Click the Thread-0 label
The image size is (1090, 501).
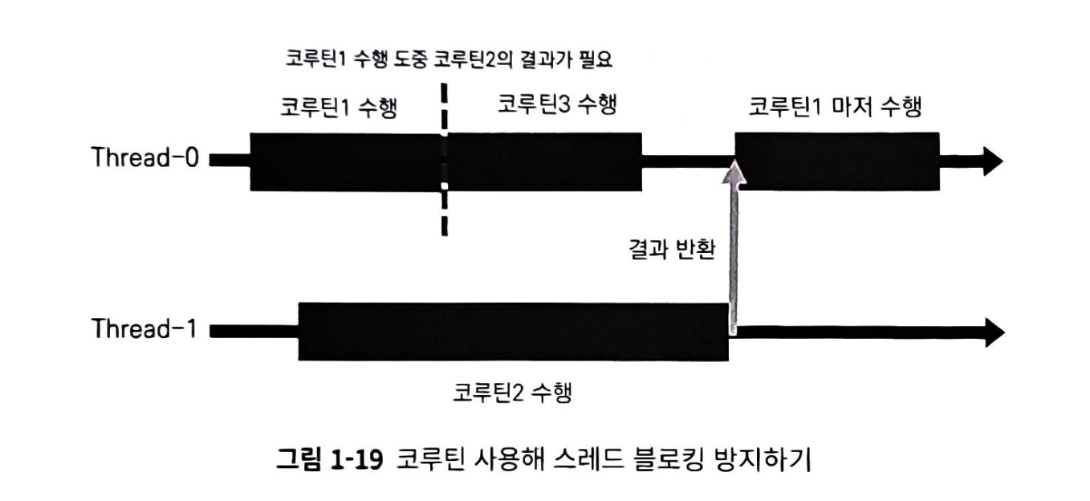(144, 158)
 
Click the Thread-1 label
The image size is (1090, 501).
(144, 330)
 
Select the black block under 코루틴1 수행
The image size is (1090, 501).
(346, 161)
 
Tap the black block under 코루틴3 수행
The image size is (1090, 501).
(545, 161)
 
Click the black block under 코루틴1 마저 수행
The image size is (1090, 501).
(838, 161)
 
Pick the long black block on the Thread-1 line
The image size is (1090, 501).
(513, 331)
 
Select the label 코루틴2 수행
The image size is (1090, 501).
(512, 393)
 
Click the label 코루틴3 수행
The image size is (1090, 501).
(556, 105)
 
